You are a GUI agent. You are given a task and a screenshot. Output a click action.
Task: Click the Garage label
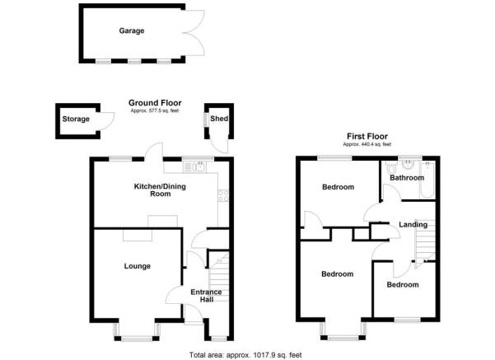coord(131,31)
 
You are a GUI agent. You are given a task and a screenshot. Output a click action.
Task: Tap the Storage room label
coord(76,119)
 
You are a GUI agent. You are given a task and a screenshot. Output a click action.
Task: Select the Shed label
coord(219,119)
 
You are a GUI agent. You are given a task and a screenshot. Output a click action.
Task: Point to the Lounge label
coord(138,266)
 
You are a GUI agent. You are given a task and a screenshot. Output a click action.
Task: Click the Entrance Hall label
coord(205,296)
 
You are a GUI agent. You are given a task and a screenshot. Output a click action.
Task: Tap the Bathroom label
coord(407,177)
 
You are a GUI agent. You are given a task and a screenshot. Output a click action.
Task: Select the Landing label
coord(413,224)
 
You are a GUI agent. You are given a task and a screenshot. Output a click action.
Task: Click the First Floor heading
coord(367,137)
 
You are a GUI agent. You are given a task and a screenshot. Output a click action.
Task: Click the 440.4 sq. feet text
coord(367,145)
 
